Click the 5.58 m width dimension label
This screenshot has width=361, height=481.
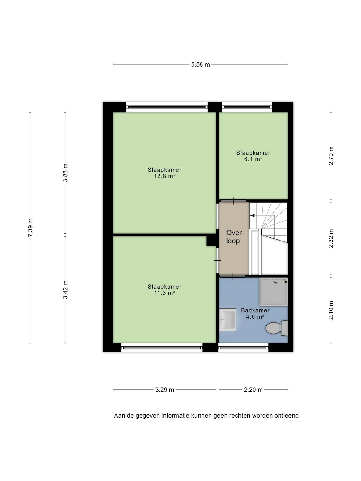(200, 65)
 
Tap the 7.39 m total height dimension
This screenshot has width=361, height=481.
(30, 227)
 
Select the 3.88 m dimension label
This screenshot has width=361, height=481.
(65, 173)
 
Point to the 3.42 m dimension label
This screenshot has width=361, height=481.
(65, 290)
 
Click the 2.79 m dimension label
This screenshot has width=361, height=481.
(331, 156)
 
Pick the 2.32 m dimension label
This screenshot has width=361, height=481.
(331, 239)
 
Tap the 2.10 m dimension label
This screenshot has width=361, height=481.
(331, 310)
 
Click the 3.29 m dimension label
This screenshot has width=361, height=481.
(165, 390)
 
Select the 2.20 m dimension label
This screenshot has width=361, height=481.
(253, 390)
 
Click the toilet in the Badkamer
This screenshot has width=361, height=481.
(277, 328)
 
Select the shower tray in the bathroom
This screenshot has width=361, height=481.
(273, 292)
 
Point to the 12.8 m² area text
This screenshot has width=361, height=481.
(165, 176)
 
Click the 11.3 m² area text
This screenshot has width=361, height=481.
(165, 293)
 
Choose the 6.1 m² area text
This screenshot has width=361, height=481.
(253, 159)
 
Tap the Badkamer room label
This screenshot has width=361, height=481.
(255, 310)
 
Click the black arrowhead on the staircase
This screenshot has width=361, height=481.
(252, 215)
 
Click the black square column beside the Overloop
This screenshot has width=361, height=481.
(211, 241)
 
